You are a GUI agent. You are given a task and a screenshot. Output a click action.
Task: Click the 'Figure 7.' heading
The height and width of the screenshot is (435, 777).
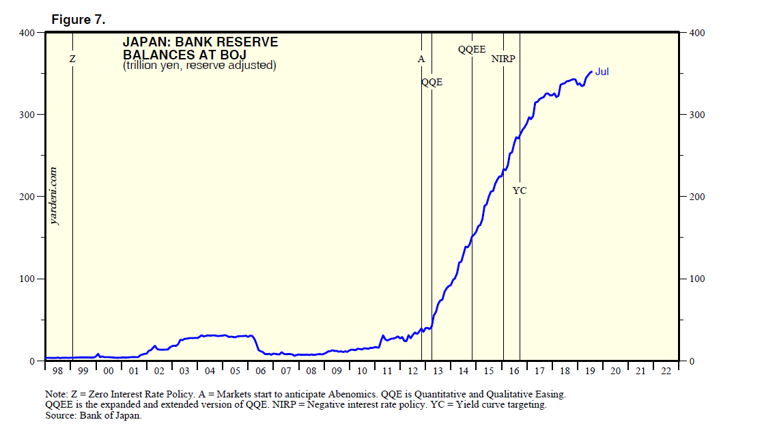point(79,20)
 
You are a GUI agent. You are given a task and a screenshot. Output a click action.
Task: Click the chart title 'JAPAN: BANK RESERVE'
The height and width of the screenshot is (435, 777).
point(200,42)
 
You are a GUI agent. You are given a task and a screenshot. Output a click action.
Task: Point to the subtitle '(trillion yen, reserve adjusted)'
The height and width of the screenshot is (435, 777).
point(199,66)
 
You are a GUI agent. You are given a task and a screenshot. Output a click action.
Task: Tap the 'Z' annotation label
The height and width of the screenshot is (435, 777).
point(73,60)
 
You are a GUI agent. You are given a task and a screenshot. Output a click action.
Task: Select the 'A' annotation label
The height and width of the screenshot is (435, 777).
point(421,59)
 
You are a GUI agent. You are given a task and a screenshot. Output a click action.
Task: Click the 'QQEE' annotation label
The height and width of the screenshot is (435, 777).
point(472,49)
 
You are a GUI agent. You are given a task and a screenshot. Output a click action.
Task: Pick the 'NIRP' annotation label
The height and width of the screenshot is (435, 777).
point(503,59)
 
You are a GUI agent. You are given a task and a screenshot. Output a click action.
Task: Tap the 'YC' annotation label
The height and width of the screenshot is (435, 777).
point(520,191)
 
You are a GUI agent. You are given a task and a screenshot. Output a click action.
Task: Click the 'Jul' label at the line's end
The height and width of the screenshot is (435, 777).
point(602,72)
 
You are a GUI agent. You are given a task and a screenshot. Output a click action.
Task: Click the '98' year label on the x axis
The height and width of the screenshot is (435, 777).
point(57,371)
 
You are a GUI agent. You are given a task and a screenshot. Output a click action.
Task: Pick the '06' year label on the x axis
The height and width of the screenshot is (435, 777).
point(261,371)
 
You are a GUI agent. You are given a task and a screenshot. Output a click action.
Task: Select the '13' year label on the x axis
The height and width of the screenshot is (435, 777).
point(438,371)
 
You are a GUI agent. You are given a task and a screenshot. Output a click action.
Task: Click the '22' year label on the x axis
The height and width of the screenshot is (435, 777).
point(666,371)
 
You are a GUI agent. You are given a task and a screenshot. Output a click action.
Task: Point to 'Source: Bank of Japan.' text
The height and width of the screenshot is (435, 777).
point(94,416)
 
